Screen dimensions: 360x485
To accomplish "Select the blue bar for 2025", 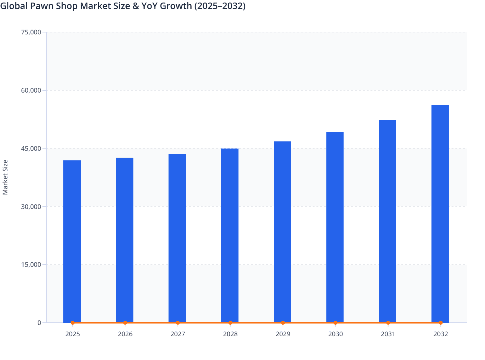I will click(72, 241).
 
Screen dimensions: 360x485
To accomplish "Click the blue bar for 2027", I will click(177, 238).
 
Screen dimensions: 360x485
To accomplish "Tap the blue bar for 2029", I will click(282, 231).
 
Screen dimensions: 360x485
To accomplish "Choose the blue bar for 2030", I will click(335, 227).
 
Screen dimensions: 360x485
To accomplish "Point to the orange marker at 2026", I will click(125, 323).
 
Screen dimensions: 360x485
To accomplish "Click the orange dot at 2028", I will click(230, 323).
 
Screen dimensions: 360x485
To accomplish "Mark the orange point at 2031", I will click(388, 323).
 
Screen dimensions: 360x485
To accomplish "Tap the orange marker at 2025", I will click(72, 323).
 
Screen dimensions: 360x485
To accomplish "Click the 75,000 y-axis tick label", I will click(31, 32).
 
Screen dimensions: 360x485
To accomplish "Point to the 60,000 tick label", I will click(31, 90).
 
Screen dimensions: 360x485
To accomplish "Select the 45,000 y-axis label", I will click(31, 148).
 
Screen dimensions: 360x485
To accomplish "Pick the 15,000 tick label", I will click(31, 265).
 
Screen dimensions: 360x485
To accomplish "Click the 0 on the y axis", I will click(39, 323).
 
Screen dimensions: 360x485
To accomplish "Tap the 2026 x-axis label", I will click(125, 334).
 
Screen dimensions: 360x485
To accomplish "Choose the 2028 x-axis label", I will click(230, 334).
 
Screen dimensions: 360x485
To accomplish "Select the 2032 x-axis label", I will click(441, 334).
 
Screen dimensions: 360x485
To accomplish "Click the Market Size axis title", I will click(5, 177).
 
